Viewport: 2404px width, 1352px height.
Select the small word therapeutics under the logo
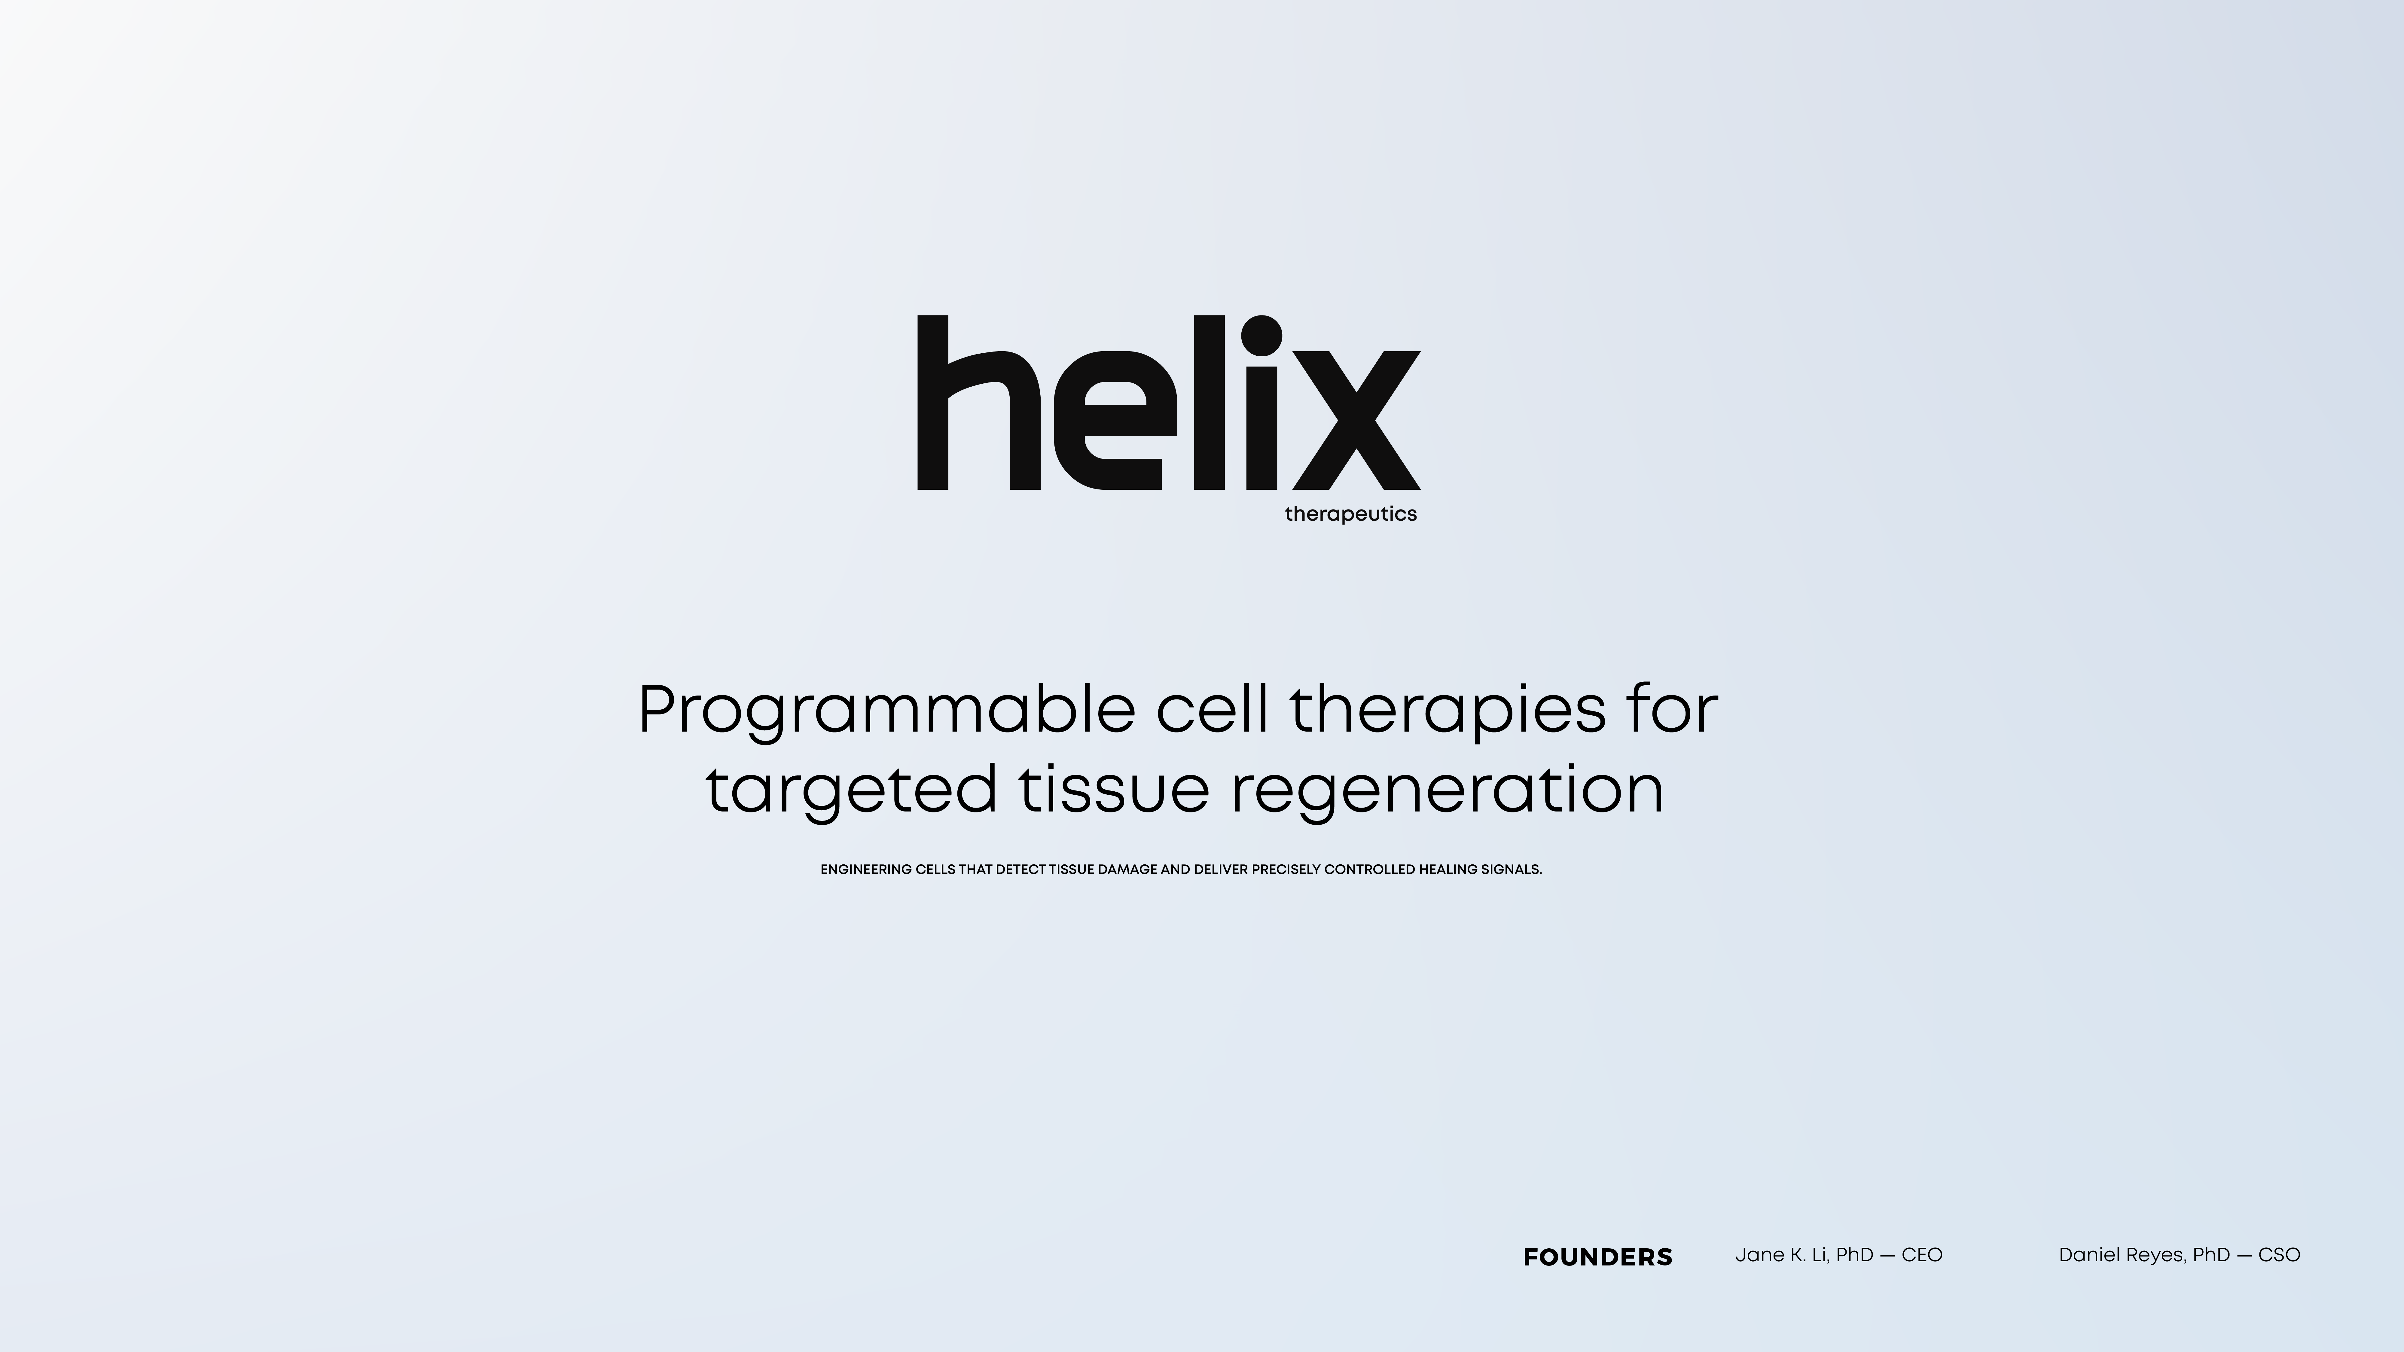(x=1350, y=514)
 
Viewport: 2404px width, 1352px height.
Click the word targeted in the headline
(x=851, y=791)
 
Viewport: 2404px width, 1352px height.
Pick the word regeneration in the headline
(x=1448, y=791)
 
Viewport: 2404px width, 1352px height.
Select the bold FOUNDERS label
(x=1598, y=1258)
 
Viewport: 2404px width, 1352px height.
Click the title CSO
(x=2280, y=1255)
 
